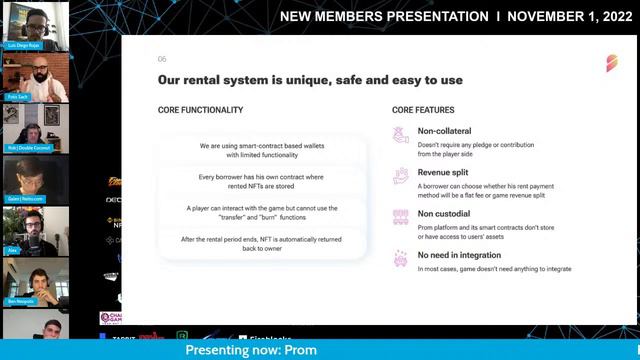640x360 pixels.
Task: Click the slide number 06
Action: click(x=162, y=59)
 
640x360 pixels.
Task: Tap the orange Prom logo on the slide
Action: click(x=611, y=63)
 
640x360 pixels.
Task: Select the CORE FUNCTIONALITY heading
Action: click(x=200, y=110)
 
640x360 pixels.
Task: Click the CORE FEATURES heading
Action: click(x=423, y=110)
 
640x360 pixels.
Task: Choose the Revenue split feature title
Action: click(x=445, y=172)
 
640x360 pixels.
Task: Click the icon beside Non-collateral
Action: click(x=401, y=136)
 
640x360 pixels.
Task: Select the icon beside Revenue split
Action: click(x=401, y=177)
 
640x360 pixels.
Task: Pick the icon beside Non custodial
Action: click(x=401, y=217)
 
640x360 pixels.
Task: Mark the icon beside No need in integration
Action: click(x=401, y=259)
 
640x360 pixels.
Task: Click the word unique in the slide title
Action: click(x=318, y=79)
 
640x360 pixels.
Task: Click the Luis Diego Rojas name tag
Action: click(x=22, y=46)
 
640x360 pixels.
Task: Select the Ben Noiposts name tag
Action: click(x=21, y=300)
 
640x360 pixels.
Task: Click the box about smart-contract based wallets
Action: click(x=261, y=150)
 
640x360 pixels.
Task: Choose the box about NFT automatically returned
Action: click(x=261, y=243)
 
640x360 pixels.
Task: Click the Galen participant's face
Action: click(x=26, y=176)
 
